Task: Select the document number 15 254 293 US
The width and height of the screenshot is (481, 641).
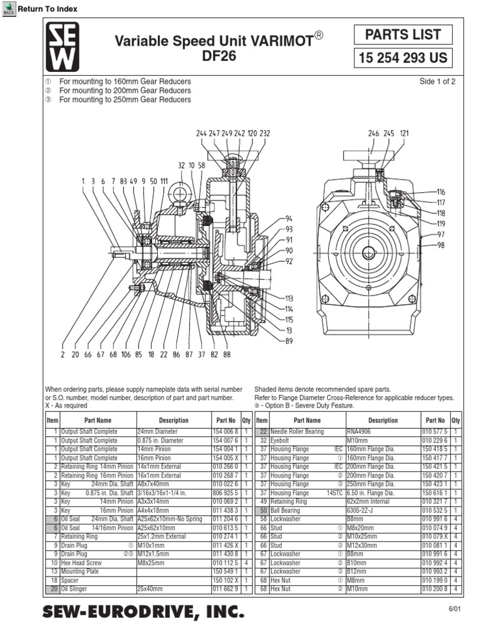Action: (x=403, y=59)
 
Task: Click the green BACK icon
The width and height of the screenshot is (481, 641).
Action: (x=9, y=8)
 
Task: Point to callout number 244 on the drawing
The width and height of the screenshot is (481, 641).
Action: (x=201, y=133)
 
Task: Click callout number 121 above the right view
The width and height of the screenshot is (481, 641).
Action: (x=404, y=133)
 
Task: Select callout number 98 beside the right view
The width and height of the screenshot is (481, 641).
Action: (x=441, y=245)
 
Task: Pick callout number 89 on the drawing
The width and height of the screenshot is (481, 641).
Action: (x=289, y=341)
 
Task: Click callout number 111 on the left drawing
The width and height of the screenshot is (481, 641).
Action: (x=164, y=182)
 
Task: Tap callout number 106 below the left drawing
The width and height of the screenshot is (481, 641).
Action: (x=126, y=354)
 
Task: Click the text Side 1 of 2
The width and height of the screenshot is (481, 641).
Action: (x=437, y=82)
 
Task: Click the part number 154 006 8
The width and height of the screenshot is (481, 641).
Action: (x=225, y=431)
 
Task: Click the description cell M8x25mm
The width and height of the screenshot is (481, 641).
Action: (x=151, y=563)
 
